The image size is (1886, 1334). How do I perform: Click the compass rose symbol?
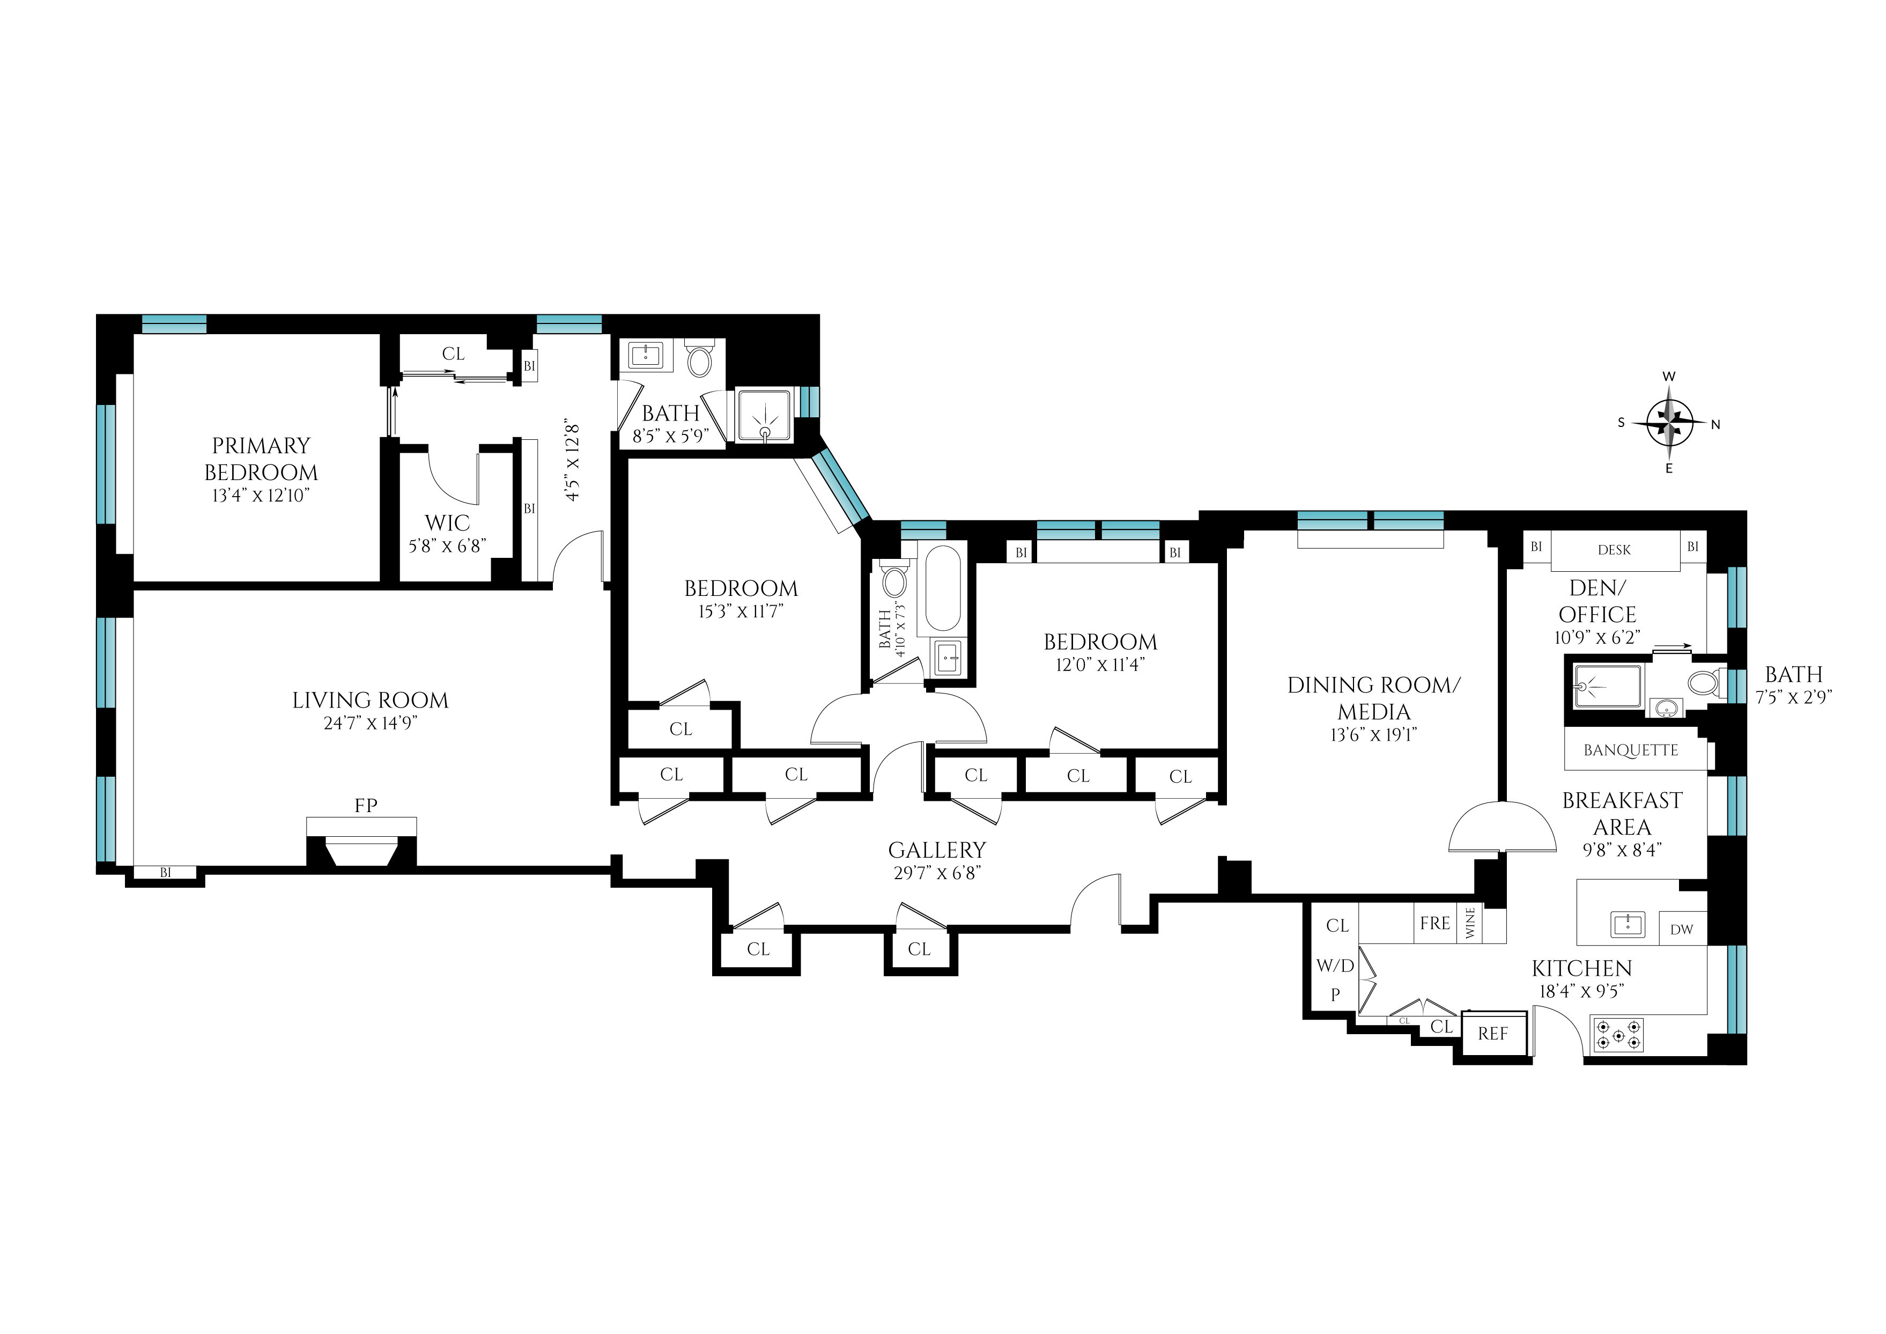[x=1668, y=424]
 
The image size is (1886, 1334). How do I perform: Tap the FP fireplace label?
[x=366, y=806]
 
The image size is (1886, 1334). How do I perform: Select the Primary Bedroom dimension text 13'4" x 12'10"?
[x=261, y=496]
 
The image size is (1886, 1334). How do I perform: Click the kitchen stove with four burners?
[x=1618, y=1035]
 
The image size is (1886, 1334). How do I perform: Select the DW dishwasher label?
[x=1682, y=930]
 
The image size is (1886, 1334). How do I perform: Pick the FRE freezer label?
[x=1434, y=923]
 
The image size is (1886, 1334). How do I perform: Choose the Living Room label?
[x=371, y=701]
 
